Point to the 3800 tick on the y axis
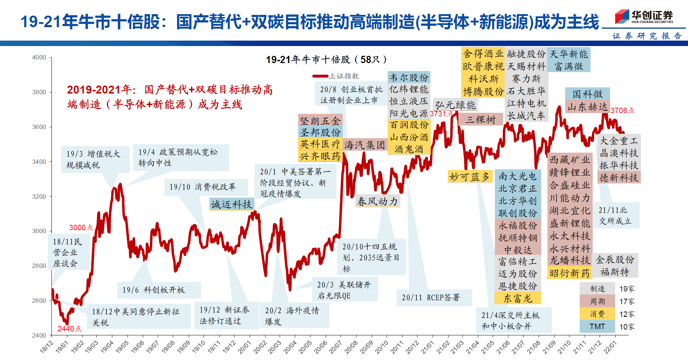tap(39, 92)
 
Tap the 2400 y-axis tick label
tap(39, 335)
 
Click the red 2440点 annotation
tap(69, 328)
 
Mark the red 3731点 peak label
tap(441, 114)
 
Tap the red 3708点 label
tap(622, 111)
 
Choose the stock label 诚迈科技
tap(231, 204)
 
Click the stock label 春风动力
tap(378, 202)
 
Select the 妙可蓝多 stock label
tap(470, 177)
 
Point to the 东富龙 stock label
tap(518, 298)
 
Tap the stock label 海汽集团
tap(364, 145)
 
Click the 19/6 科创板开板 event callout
tap(154, 290)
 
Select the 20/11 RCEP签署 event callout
tap(431, 298)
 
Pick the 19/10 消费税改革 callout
tap(203, 187)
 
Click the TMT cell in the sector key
tap(597, 327)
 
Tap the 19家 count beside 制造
tap(627, 289)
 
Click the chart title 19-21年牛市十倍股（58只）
tap(326, 59)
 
